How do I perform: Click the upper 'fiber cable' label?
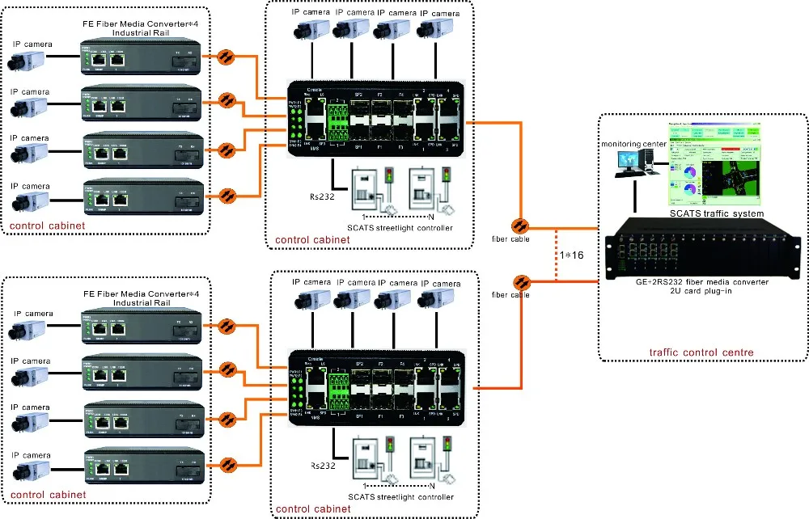tap(510, 239)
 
